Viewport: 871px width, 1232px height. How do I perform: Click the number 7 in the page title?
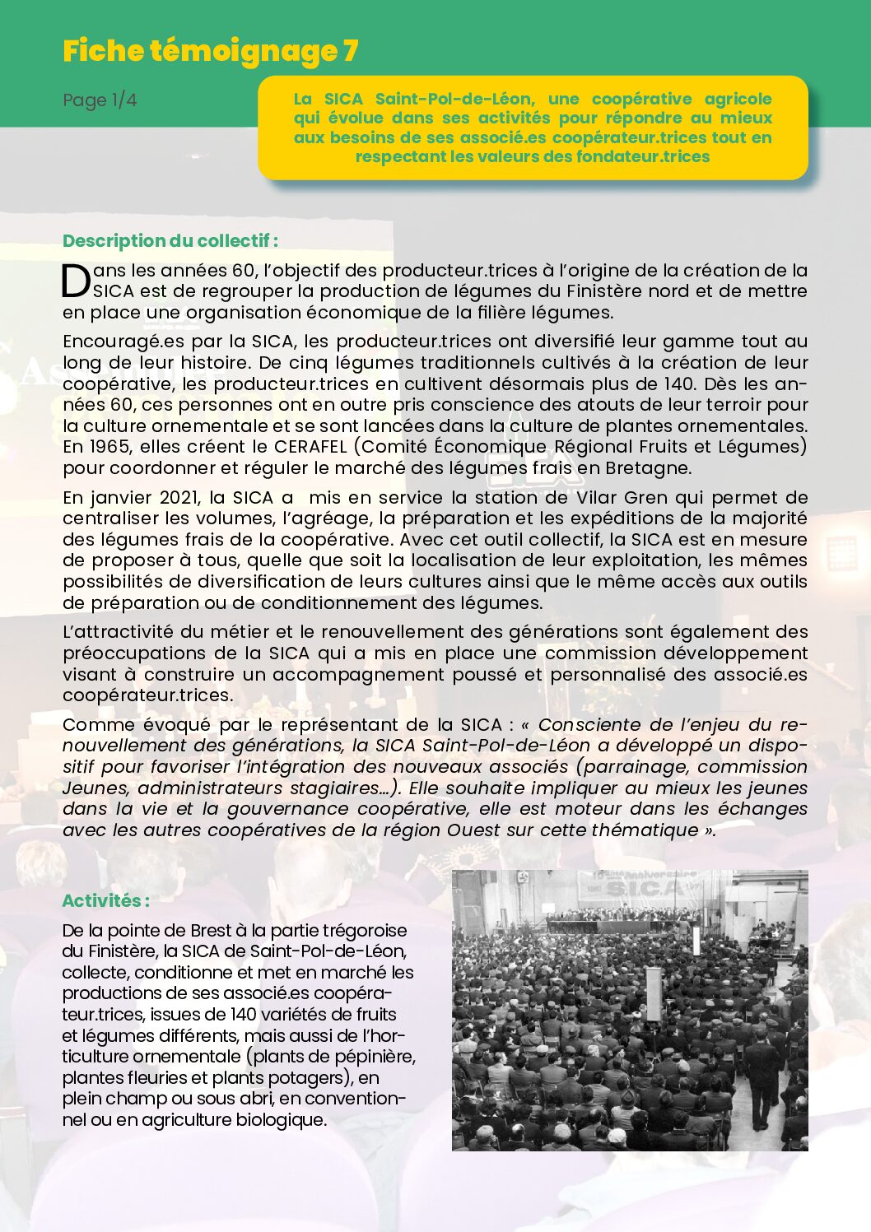pos(350,51)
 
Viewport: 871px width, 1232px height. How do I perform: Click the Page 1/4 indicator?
pos(100,100)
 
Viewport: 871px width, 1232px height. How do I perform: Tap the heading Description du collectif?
pos(170,241)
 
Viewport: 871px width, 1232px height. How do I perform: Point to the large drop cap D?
pos(76,281)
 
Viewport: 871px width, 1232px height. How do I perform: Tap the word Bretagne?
pos(646,468)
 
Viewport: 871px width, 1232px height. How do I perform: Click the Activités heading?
pos(105,900)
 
